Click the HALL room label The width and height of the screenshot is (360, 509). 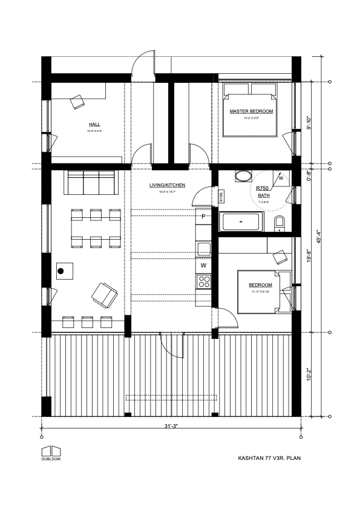pyautogui.click(x=94, y=124)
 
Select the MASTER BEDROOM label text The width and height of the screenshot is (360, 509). pyautogui.click(x=251, y=112)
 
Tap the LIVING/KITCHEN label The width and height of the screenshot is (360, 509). pyautogui.click(x=167, y=185)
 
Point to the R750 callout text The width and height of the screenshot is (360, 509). pyautogui.click(x=263, y=189)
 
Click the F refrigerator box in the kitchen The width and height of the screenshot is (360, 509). pyautogui.click(x=203, y=216)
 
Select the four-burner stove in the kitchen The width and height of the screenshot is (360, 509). pyautogui.click(x=203, y=281)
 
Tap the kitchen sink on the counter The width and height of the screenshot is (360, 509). pyautogui.click(x=203, y=248)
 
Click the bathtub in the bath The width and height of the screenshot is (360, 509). pyautogui.click(x=241, y=222)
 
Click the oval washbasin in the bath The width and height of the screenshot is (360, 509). pyautogui.click(x=243, y=177)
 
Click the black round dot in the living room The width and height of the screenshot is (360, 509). pyautogui.click(x=61, y=271)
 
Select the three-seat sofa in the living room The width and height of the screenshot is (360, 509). pyautogui.click(x=91, y=183)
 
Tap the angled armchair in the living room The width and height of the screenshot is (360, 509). pyautogui.click(x=104, y=295)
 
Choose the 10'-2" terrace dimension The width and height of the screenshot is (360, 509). pyautogui.click(x=309, y=375)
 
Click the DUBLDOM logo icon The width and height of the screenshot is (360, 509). pyautogui.click(x=51, y=451)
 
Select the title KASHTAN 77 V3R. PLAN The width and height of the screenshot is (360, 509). pyautogui.click(x=269, y=458)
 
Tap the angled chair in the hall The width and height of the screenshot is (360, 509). pyautogui.click(x=77, y=102)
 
